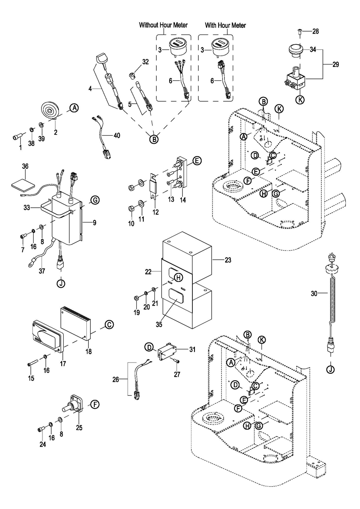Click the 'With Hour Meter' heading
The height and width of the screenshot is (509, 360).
[225, 25]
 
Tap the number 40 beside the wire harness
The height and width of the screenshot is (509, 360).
[116, 135]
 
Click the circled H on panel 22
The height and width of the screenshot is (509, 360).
[179, 277]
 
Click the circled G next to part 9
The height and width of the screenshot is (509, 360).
[95, 200]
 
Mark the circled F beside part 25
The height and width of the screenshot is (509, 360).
[94, 404]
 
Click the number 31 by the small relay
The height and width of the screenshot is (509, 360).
[192, 349]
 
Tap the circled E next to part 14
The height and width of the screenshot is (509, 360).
[196, 161]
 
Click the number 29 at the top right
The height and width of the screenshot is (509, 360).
[335, 64]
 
